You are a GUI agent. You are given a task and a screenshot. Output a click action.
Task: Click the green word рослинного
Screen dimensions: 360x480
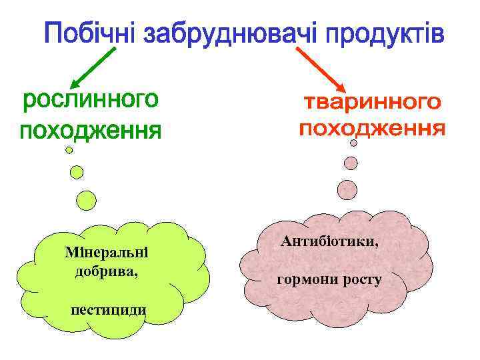pos(91,101)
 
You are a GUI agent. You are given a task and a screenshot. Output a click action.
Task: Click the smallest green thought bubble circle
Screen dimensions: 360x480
pos(69,151)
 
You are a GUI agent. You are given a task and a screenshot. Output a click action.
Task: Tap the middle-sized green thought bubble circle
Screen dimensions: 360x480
pos(77,172)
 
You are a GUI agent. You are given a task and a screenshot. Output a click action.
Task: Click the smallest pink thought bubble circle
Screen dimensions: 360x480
pos(354,142)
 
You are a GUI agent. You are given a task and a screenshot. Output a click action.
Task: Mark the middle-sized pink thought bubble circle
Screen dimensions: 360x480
pos(351,162)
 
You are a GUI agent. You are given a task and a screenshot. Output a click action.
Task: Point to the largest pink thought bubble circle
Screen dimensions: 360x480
pos(347,190)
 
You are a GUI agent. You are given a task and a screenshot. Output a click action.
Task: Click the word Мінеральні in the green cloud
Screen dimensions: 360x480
pos(106,253)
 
